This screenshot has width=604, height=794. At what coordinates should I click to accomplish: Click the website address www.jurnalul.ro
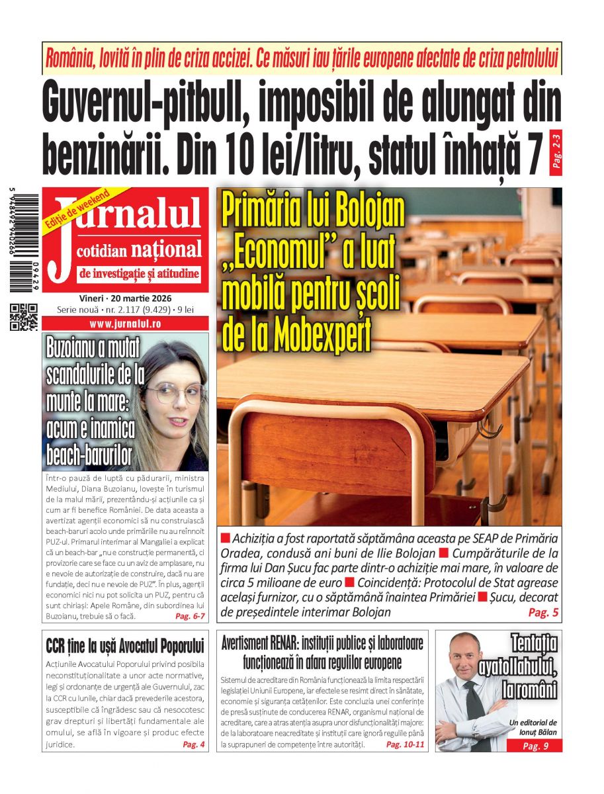125,324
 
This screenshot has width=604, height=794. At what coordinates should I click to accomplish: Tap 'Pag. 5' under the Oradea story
543,613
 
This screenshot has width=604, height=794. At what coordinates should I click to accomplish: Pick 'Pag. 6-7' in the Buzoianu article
190,616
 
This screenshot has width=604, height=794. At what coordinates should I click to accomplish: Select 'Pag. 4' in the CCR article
194,744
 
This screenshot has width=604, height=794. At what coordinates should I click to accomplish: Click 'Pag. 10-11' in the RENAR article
406,744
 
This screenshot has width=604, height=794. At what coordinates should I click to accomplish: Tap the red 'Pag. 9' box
535,746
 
